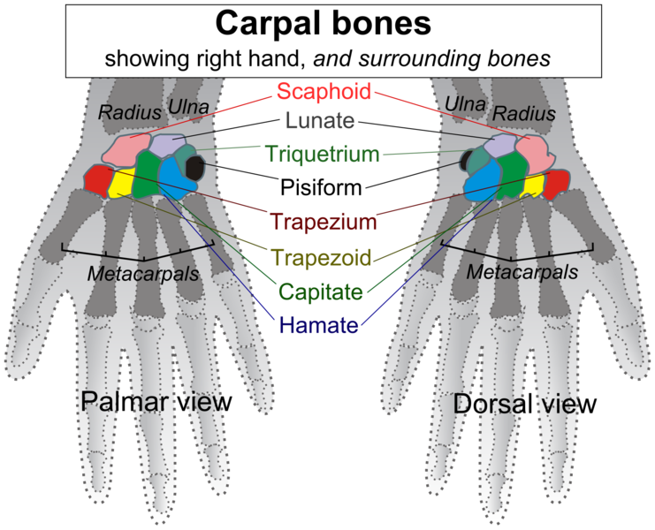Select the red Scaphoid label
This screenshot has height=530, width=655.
[324, 91]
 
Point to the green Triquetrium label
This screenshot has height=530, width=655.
[323, 155]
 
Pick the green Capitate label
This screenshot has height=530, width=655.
[320, 291]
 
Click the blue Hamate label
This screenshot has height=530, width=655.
[319, 325]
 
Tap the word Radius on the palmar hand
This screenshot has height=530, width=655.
[130, 113]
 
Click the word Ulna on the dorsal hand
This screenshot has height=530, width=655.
[466, 105]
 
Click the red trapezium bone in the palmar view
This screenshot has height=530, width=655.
[99, 179]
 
